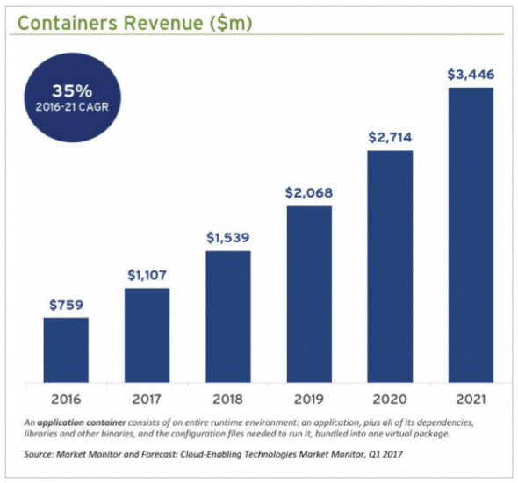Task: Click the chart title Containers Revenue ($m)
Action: point(135,23)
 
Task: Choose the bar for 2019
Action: point(308,294)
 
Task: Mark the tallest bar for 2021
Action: point(470,234)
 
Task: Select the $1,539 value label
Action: point(227,237)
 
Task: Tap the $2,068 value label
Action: point(308,192)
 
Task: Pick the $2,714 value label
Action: point(389,136)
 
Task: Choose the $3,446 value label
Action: point(470,74)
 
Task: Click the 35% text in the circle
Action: point(67,90)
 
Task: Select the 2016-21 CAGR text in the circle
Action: point(67,110)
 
